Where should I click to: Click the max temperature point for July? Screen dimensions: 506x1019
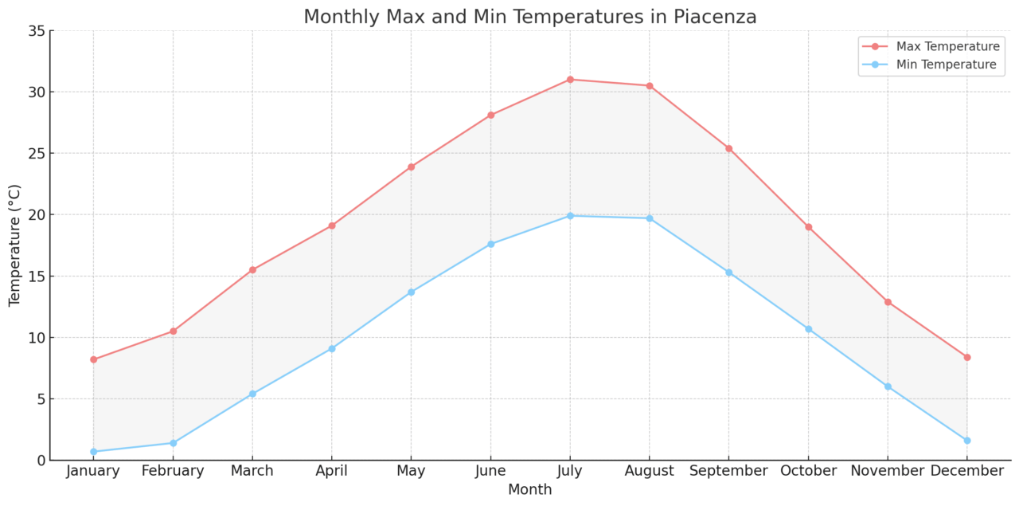tap(570, 80)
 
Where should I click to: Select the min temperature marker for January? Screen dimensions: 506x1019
tap(93, 452)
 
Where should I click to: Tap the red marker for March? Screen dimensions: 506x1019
tap(252, 270)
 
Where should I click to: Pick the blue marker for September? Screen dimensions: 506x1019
tap(728, 273)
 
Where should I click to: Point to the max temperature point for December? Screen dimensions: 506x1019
tap(966, 357)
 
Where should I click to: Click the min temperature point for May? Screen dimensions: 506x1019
tap(411, 292)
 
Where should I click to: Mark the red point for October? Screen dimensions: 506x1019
tap(808, 227)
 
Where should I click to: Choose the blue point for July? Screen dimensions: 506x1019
tap(570, 216)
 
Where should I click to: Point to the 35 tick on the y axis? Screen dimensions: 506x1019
tap(34, 31)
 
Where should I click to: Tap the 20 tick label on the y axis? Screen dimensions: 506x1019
tap(34, 215)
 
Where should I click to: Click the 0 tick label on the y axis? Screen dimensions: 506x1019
tap(39, 461)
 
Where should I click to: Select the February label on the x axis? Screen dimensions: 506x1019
tap(173, 471)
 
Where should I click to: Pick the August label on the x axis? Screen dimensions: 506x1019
tap(650, 471)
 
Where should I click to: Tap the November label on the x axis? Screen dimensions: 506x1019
tap(888, 471)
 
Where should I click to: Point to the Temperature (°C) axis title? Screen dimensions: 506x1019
tap(15, 245)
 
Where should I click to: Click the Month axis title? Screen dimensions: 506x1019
tap(530, 490)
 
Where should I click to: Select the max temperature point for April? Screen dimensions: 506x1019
tap(331, 226)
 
